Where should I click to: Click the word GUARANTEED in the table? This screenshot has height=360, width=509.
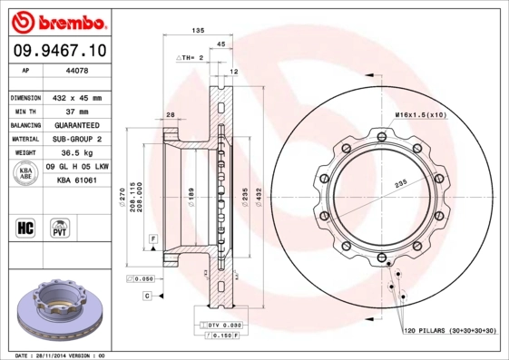80,125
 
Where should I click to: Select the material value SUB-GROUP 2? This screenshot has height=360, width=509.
80,140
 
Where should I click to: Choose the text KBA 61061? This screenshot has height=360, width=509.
76,180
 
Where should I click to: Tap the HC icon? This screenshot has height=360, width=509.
25,227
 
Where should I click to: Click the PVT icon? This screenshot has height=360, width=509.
60,227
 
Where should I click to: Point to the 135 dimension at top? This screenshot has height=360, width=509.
197,31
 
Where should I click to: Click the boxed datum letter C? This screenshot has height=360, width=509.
146,296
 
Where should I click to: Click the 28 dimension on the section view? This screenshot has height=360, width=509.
170,114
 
